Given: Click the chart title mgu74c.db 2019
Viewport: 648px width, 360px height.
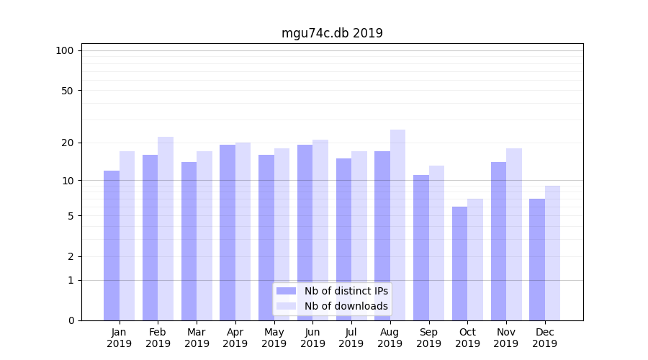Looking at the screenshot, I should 332,33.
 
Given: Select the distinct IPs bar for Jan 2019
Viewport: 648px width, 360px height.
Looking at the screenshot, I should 112,245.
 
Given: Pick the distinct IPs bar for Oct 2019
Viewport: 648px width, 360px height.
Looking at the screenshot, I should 459,263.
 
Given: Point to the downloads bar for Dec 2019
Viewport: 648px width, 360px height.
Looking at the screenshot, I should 552,253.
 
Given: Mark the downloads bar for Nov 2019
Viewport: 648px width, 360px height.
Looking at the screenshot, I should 513,234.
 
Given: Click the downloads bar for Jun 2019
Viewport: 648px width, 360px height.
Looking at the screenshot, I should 320,230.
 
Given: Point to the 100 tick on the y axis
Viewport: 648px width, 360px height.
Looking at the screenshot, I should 65,50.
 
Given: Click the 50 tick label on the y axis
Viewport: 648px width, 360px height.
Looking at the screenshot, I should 68,91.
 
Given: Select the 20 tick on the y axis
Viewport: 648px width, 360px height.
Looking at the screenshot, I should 68,143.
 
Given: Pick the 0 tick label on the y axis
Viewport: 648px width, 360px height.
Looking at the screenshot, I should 71,320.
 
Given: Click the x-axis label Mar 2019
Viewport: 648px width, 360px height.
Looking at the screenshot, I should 197,338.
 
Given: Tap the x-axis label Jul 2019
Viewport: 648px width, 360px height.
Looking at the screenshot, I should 351,338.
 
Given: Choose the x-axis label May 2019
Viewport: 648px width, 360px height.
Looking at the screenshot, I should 274,338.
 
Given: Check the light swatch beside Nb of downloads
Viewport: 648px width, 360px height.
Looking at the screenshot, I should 286,306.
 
